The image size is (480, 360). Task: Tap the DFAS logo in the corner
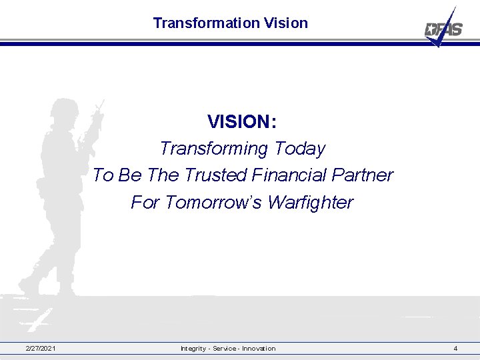443,29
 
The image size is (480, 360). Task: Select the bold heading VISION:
242,121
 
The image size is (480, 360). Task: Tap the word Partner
366,175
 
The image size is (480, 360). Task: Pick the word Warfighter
310,202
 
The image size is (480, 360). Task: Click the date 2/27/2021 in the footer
41,349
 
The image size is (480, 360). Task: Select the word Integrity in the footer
194,349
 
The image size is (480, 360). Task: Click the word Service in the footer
225,349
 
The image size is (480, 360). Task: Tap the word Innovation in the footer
259,349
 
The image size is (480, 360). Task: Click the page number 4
455,349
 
